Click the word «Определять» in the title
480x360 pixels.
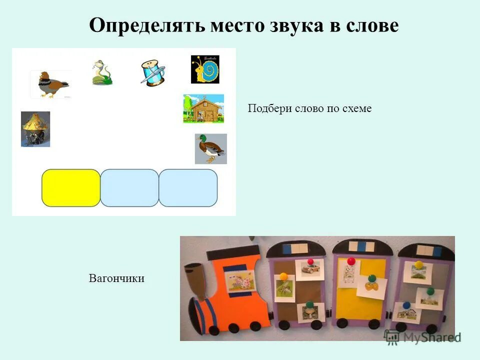145,25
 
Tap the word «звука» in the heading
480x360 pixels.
294,25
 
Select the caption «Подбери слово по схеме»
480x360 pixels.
309,108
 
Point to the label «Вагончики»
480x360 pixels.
116,278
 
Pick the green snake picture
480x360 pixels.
101,72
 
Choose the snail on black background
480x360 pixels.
205,69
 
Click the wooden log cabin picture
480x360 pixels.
203,108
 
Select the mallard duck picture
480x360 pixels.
210,148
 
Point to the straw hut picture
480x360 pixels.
35,129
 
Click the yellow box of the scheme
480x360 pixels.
71,188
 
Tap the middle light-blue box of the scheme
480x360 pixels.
129,188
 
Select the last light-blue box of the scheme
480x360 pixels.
188,188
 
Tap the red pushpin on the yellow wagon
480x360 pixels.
351,261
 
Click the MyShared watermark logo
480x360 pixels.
422,336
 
